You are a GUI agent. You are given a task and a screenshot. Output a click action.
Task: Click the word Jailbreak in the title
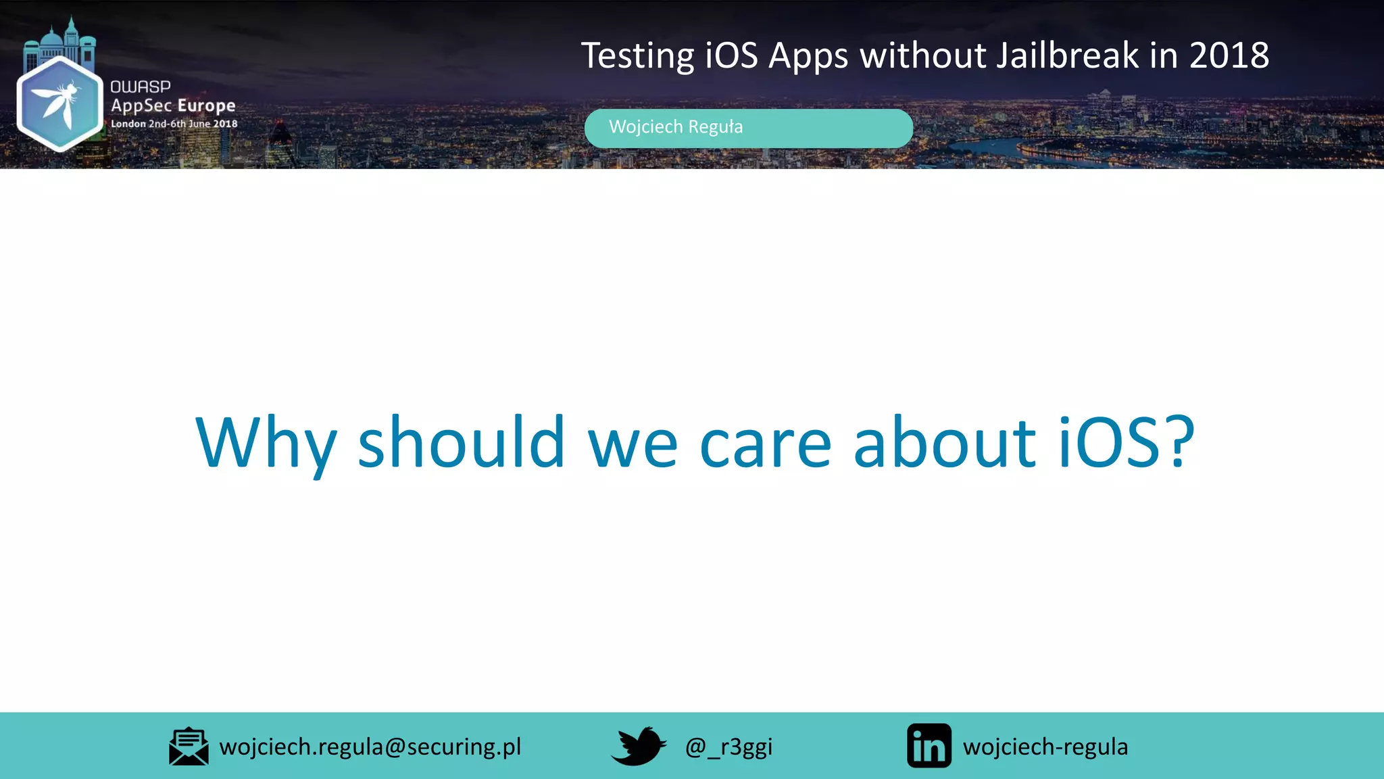coord(1068,55)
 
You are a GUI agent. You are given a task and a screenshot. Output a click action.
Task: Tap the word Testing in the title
coord(637,57)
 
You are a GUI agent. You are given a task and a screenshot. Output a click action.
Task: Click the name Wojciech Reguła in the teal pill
coord(675,127)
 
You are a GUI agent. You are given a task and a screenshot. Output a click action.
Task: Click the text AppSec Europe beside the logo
coord(173,105)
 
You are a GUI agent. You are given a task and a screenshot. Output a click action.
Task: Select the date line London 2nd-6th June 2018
coord(174,124)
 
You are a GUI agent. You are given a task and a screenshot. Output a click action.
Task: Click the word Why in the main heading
coord(266,443)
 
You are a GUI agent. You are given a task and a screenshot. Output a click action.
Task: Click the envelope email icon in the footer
coord(189,747)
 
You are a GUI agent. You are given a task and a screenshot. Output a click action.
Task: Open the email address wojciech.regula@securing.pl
coord(370,747)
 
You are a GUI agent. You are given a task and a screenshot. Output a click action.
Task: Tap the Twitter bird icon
coord(639,746)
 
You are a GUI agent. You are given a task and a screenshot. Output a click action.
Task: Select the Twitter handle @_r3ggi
coord(728,747)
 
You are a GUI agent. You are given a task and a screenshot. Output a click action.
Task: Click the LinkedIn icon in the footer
coord(929,746)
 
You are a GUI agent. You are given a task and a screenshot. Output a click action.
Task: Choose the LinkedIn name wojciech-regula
coord(1045,747)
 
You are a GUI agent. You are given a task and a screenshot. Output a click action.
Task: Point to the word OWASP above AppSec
coord(141,87)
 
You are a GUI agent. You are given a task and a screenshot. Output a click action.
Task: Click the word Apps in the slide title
coord(808,57)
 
